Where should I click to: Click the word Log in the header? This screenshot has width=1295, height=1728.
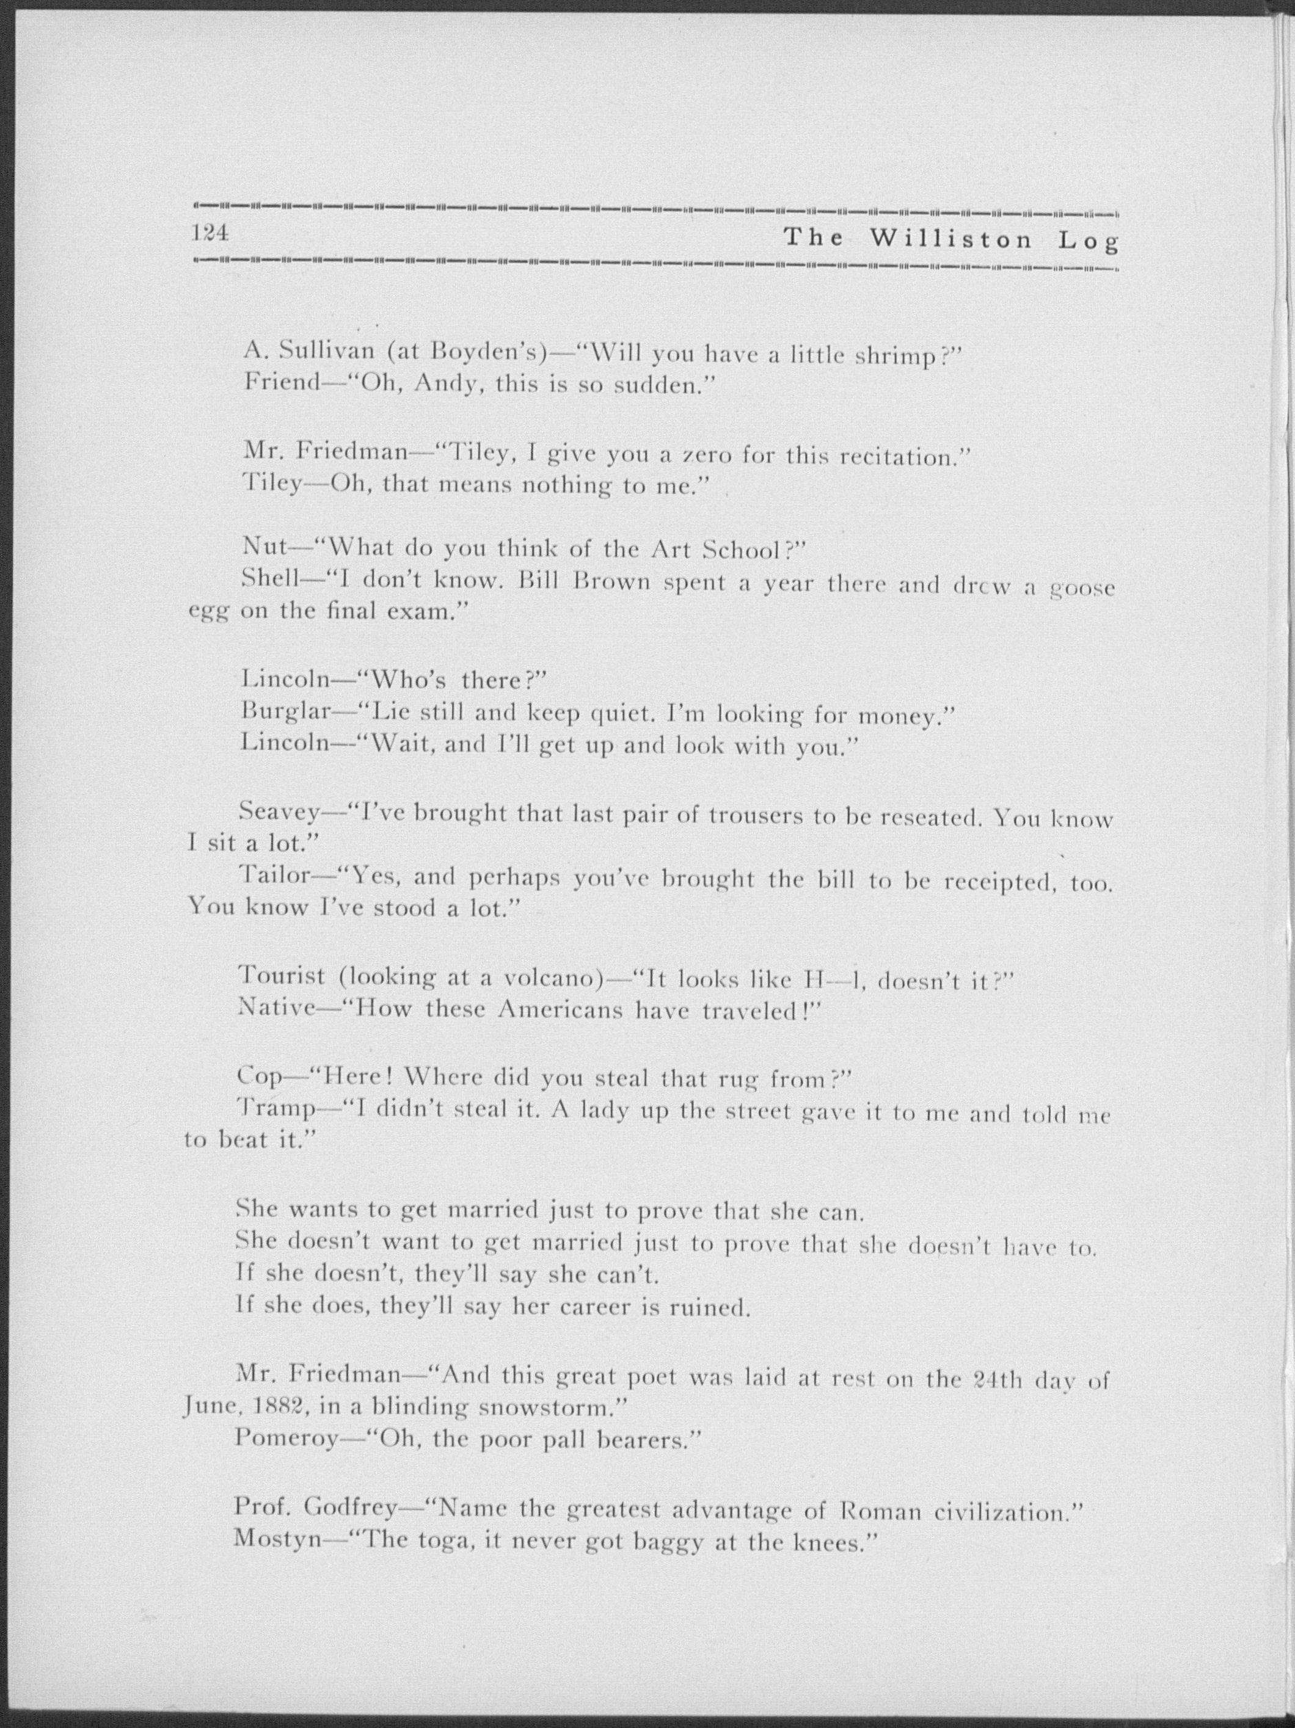1088,241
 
